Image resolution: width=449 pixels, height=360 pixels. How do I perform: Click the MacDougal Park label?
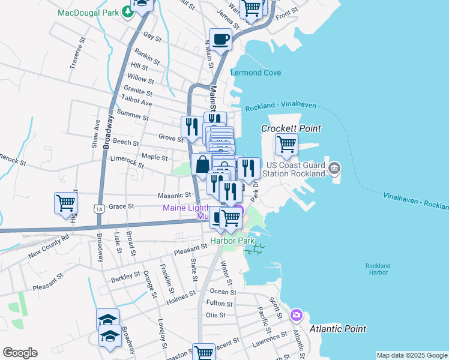click(88, 12)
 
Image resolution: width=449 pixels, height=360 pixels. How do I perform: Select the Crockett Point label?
click(291, 128)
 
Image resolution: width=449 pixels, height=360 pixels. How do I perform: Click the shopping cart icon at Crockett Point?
click(287, 144)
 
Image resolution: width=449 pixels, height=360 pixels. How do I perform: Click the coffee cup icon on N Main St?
click(221, 40)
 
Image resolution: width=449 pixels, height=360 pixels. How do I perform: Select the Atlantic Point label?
click(338, 329)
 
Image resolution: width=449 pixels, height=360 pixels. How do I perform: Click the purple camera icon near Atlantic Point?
click(296, 315)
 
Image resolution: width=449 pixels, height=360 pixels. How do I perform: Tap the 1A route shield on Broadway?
click(99, 208)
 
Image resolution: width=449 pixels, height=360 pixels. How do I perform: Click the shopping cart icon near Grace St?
click(65, 202)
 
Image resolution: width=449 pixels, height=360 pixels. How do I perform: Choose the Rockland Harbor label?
click(378, 269)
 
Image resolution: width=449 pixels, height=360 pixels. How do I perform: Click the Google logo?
click(20, 353)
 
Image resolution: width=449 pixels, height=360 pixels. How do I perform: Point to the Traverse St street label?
click(76, 56)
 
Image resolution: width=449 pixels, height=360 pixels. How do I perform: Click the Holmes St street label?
click(181, 295)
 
